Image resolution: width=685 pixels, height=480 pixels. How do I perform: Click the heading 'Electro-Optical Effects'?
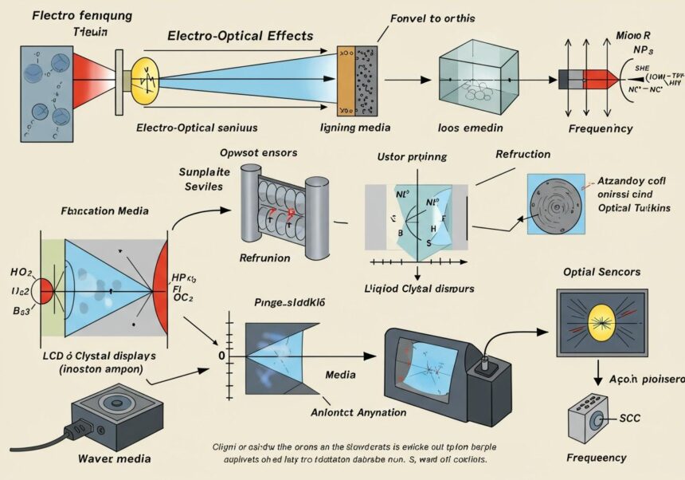pos(240,36)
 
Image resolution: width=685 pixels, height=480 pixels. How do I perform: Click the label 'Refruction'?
pos(523,155)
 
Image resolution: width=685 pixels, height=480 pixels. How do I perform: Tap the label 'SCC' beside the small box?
pos(631,417)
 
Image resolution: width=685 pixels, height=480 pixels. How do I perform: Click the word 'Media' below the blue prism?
pos(341,374)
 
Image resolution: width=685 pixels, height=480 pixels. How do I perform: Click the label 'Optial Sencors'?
pos(601,272)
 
